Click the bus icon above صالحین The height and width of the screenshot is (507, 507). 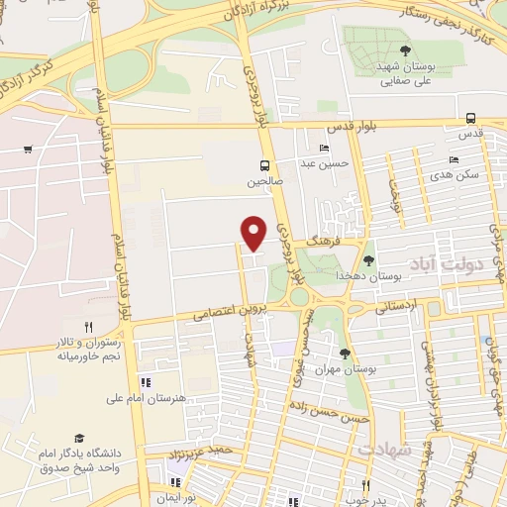(263, 165)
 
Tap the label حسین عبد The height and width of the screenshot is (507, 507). (324, 163)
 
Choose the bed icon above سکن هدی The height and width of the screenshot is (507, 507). (454, 159)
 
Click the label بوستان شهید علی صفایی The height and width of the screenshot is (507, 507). (405, 74)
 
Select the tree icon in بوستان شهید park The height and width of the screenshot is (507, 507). (404, 50)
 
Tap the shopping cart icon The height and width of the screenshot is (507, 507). (28, 150)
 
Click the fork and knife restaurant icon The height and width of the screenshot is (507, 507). (88, 326)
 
